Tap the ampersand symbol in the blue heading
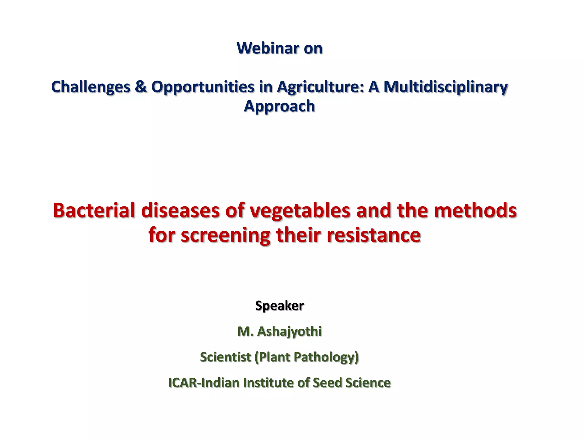(141, 87)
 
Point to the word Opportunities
(203, 87)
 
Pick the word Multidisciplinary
(445, 87)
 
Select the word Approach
(279, 106)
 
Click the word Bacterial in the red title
(94, 210)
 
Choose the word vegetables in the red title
(300, 211)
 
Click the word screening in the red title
(225, 236)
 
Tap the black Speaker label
(279, 306)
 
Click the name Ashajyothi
(289, 332)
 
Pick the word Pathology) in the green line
(326, 357)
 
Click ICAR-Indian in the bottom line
(204, 383)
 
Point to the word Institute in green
(268, 383)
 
